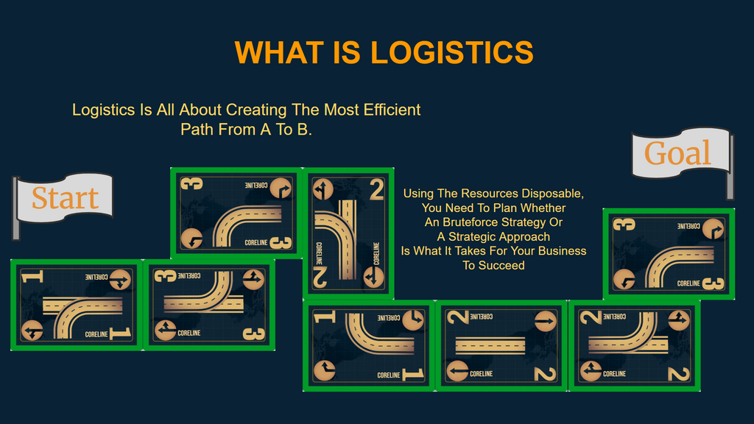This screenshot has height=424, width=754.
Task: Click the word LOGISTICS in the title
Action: (452, 52)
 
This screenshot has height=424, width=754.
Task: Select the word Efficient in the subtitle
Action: (392, 110)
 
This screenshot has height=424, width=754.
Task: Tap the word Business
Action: (563, 251)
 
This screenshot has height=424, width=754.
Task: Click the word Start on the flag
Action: (66, 198)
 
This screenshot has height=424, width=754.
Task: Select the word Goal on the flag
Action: (677, 153)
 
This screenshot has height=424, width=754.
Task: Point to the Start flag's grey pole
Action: (16, 208)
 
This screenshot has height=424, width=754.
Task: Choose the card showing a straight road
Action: (501, 346)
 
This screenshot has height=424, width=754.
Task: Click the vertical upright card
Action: (348, 233)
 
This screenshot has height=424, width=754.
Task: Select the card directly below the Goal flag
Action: (669, 254)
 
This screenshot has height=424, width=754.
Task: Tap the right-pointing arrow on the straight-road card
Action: (546, 321)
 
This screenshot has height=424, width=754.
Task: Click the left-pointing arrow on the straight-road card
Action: (457, 371)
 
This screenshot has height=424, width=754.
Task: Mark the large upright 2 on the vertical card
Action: (376, 189)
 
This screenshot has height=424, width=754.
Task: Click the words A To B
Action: (286, 130)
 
